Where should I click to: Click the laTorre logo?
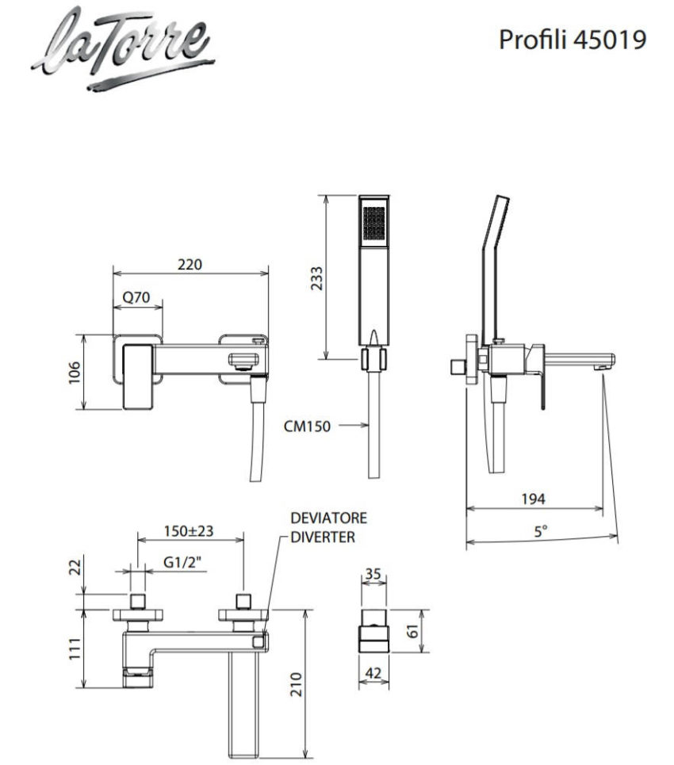(124, 49)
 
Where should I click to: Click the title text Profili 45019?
(573, 40)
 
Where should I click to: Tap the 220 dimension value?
(190, 265)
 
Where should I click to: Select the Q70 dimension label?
(136, 297)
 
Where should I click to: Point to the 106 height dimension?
(74, 373)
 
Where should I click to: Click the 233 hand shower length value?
(316, 278)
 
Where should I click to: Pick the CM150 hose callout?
(307, 426)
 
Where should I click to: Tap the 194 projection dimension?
(533, 499)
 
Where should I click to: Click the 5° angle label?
(540, 531)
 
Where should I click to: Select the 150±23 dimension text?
(189, 531)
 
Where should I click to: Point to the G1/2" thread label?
(182, 563)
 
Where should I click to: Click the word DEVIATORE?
(328, 518)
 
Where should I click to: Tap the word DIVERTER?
(323, 537)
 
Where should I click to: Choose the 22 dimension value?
(75, 568)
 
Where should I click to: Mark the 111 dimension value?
(75, 649)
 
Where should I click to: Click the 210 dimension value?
(297, 684)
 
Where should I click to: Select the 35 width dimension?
(373, 574)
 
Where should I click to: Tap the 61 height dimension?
(413, 631)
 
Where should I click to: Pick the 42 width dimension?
(373, 674)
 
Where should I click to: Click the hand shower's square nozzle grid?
(374, 223)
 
